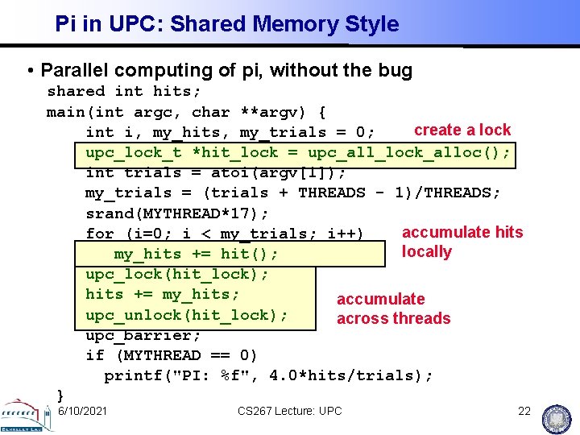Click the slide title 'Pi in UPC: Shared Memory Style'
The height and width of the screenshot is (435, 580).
226,24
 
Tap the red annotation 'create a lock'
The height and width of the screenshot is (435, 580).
462,130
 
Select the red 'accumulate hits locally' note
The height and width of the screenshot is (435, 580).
462,242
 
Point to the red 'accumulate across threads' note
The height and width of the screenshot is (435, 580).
393,309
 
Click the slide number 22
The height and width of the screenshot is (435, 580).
524,411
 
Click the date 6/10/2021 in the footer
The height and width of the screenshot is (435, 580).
83,411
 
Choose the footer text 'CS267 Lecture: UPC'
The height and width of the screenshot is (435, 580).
289,411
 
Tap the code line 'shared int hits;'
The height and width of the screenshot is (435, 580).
119,92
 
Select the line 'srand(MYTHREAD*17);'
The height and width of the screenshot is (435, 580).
177,213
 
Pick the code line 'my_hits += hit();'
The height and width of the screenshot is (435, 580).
197,255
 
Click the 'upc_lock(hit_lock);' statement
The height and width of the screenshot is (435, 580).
177,274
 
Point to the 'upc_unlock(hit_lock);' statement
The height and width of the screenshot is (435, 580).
187,315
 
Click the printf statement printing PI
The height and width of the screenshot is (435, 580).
268,375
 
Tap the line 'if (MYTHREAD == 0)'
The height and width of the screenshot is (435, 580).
172,355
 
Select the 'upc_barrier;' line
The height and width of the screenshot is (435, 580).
143,335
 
